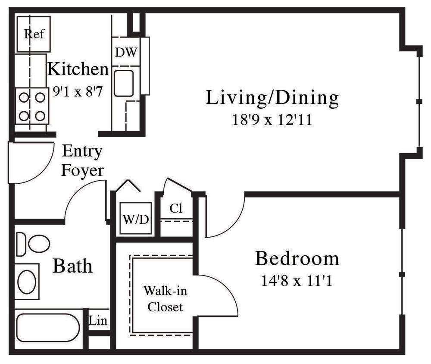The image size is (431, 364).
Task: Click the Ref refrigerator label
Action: [34, 34]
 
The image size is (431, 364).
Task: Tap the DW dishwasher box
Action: [125, 52]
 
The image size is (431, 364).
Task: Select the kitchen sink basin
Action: [124, 83]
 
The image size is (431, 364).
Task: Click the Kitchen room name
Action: [78, 69]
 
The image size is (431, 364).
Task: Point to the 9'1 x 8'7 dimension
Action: [78, 91]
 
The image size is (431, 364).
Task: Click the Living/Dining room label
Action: [272, 98]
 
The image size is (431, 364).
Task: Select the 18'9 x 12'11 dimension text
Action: [272, 119]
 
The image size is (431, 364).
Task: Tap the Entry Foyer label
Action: [82, 160]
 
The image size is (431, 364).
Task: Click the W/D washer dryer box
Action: [135, 219]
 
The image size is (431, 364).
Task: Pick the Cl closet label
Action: [176, 208]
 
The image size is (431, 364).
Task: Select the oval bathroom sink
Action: [27, 282]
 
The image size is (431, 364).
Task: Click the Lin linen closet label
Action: [98, 321]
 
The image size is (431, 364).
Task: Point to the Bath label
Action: [72, 266]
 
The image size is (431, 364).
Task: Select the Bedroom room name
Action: [297, 258]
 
